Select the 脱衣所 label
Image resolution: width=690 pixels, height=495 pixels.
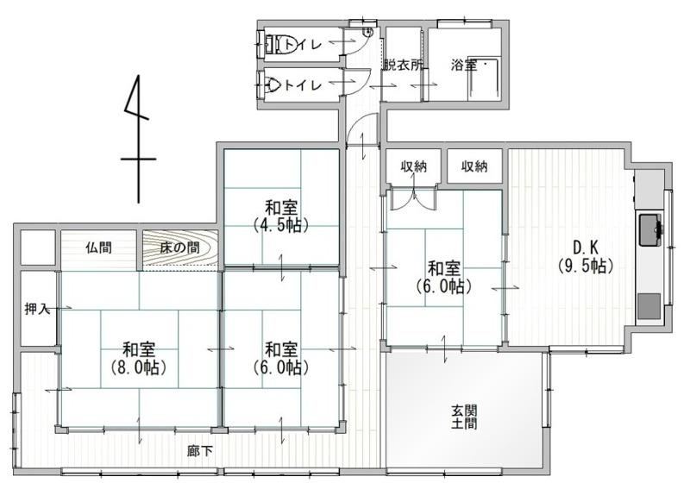(403, 66)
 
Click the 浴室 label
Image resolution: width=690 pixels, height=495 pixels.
(463, 66)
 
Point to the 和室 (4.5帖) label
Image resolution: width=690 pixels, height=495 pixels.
(281, 216)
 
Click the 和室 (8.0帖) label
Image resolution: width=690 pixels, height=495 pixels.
(139, 358)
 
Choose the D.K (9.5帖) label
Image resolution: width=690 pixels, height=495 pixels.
(586, 257)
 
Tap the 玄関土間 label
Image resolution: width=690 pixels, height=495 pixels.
(464, 417)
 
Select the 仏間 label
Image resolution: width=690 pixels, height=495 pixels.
(98, 247)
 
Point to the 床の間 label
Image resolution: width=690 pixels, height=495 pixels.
(179, 247)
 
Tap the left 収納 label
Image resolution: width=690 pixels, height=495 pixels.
(413, 166)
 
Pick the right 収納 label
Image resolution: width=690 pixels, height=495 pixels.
(474, 166)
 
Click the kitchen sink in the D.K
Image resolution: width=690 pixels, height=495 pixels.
(650, 230)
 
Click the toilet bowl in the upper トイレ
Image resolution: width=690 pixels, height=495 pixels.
(276, 44)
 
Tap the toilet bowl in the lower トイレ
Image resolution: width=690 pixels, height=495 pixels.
(272, 84)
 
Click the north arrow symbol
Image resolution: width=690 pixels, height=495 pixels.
(139, 139)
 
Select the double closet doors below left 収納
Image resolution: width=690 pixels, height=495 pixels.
(413, 198)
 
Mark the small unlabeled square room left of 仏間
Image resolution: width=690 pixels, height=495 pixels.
(38, 247)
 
